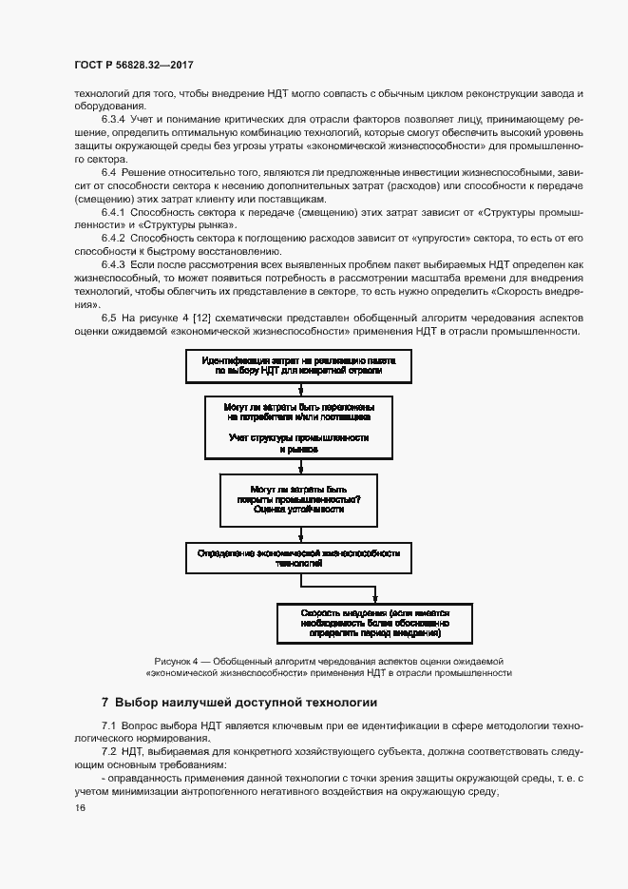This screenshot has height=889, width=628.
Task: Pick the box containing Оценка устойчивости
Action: (298, 500)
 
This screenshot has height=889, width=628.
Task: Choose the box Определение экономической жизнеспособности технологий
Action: (298, 557)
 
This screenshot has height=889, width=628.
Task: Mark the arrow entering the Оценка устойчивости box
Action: (299, 468)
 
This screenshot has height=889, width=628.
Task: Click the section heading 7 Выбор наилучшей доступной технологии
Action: (239, 703)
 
